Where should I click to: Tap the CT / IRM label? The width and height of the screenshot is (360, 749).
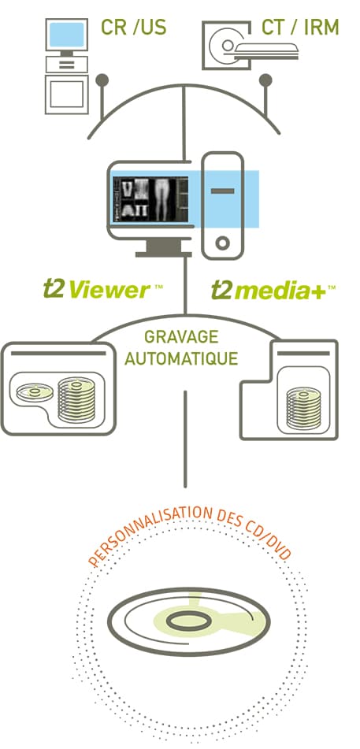300,28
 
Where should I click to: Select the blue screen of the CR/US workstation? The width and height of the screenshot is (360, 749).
67,35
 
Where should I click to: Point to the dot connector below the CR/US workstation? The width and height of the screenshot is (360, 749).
102,80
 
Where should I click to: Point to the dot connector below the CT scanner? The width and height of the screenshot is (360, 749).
265,80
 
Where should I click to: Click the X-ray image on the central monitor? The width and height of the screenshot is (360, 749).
150,198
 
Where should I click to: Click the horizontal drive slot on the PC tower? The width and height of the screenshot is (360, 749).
222,191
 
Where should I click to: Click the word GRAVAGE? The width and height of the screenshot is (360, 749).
181,337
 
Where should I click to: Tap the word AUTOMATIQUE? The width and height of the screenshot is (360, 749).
181,358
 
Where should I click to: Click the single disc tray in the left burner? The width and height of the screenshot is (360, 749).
35,391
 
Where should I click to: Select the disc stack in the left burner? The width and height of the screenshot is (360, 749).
76,401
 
